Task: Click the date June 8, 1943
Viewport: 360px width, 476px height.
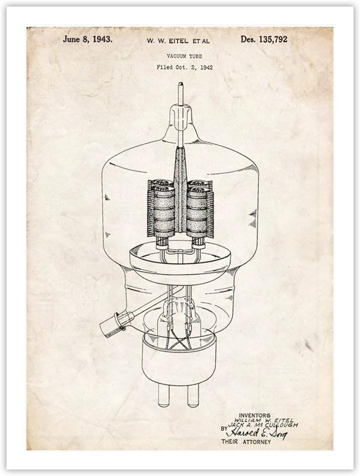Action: pos(87,39)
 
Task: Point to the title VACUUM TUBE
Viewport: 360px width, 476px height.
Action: pos(185,56)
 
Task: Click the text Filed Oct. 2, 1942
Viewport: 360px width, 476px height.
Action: pos(185,67)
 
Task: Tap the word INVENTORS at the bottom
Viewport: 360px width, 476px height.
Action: pos(255,415)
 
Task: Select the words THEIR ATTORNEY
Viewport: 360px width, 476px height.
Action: pos(246,442)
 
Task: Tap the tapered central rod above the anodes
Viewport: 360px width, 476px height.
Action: pos(180,161)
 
